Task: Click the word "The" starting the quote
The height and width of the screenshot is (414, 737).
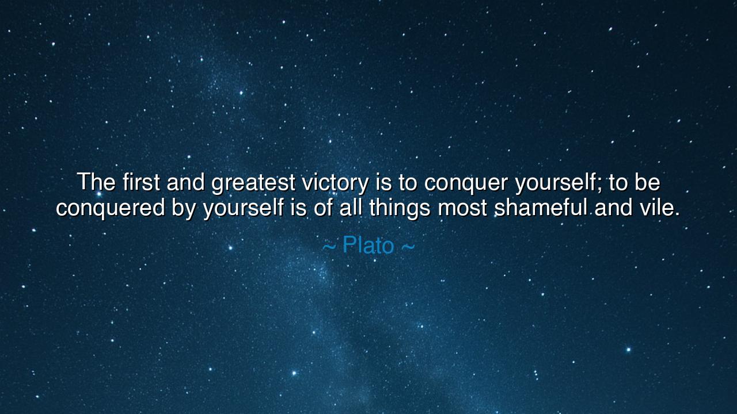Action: click(97, 182)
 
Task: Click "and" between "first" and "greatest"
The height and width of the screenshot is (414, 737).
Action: click(185, 182)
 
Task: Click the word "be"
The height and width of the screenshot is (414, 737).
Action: click(647, 182)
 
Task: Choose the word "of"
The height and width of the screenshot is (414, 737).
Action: click(324, 207)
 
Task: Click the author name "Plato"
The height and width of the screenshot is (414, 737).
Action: click(368, 246)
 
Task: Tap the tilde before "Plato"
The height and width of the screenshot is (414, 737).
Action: click(329, 247)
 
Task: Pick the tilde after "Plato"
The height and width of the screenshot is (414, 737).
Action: click(407, 247)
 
